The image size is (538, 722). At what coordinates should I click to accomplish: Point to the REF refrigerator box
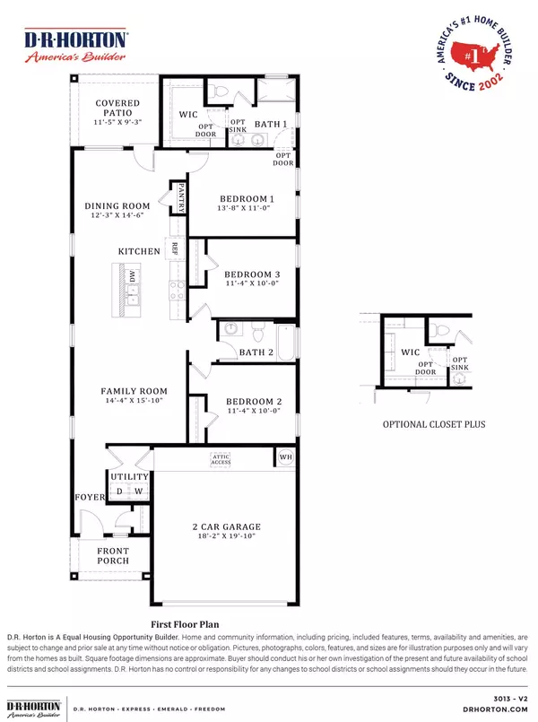(176, 250)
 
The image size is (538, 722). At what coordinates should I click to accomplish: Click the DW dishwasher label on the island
(132, 278)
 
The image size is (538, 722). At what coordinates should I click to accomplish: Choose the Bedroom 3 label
(245, 274)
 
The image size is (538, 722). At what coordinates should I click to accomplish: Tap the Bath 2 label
(256, 352)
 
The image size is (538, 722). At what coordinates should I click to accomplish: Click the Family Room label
(134, 392)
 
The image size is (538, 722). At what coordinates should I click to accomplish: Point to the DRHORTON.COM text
(505, 706)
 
